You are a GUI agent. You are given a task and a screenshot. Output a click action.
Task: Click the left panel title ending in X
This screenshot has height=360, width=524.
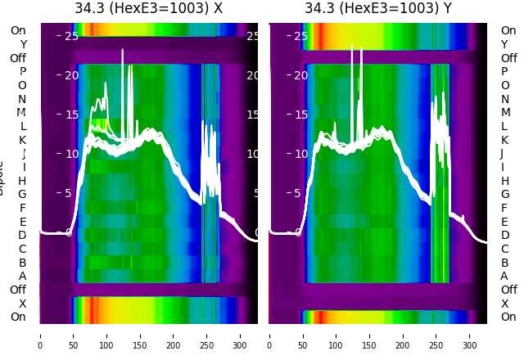coord(148,8)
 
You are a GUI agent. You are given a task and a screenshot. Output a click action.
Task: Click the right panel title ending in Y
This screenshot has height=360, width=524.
coord(378,8)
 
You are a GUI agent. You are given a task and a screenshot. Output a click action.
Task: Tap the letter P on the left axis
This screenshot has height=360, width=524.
coord(23,72)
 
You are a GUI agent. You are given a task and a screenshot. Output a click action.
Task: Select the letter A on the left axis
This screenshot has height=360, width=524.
coord(23,276)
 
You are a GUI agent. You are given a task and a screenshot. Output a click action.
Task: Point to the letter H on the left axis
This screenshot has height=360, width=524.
coord(23,181)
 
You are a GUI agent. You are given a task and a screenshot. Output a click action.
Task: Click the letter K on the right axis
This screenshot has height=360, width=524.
coord(504,140)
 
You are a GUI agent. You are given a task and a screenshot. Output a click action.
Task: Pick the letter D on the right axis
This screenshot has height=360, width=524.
coord(504,236)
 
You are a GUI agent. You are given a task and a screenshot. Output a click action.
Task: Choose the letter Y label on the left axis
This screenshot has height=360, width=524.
coord(23,45)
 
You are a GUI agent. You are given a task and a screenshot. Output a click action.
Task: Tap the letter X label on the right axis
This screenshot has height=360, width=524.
coord(504,304)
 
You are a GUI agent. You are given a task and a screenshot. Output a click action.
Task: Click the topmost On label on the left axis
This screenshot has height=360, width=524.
coord(18,31)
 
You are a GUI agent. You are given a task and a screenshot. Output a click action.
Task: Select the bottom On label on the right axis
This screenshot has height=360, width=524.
coord(508,317)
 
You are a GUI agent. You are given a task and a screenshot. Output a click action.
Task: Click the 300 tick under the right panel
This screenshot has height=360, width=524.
coord(470,335)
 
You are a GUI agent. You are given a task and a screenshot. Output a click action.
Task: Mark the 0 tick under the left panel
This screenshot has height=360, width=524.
coord(40,335)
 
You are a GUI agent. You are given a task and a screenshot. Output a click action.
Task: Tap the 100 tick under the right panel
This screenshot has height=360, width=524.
coord(336,335)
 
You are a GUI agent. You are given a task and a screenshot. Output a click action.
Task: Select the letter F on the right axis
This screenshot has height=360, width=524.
coord(504,208)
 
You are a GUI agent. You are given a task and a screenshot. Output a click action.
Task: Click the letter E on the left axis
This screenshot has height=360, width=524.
coord(23,222)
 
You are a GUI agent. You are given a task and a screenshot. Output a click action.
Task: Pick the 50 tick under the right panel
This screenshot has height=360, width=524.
coord(303,335)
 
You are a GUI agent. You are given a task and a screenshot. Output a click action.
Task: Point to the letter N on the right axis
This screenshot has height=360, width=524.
coord(504,99)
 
